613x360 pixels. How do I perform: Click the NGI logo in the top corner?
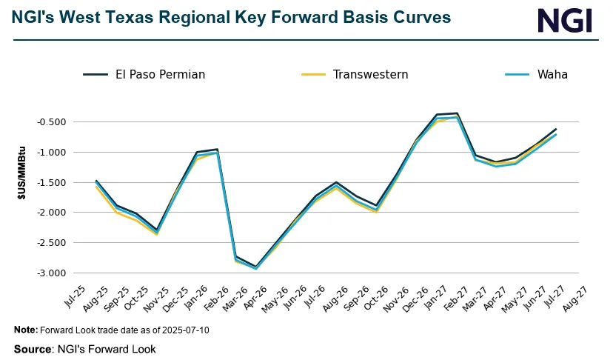(x=565, y=20)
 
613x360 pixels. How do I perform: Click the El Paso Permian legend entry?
(x=144, y=74)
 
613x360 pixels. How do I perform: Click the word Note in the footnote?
(x=25, y=330)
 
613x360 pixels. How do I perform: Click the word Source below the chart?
(x=33, y=348)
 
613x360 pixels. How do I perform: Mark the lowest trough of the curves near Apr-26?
(x=256, y=267)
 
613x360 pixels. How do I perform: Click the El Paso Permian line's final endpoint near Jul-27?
(x=556, y=129)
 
